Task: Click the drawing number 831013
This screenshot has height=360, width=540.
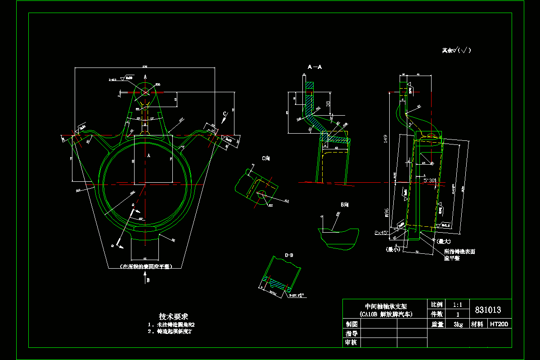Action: pos(488,310)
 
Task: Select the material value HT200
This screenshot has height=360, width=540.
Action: pos(499,324)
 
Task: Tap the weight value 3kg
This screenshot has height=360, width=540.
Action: pos(458,324)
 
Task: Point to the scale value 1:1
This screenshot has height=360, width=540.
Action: pos(458,304)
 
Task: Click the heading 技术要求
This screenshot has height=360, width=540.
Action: pos(173,316)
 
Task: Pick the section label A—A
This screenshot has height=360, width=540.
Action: pos(315,67)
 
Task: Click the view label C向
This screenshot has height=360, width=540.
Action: pos(266,158)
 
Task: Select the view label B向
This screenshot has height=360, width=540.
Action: pos(345,204)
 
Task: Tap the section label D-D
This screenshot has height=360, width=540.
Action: pos(289,255)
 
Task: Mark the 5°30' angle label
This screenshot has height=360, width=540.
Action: pos(430,180)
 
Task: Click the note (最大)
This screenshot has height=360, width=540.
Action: pos(442,241)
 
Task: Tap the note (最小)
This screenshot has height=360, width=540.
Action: pos(392,249)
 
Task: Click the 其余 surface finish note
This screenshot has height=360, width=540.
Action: pos(456,51)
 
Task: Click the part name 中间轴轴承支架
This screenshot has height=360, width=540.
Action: pos(384,305)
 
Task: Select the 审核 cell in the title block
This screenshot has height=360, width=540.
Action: pos(351,343)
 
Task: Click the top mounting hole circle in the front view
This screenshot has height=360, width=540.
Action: pos(145,91)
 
